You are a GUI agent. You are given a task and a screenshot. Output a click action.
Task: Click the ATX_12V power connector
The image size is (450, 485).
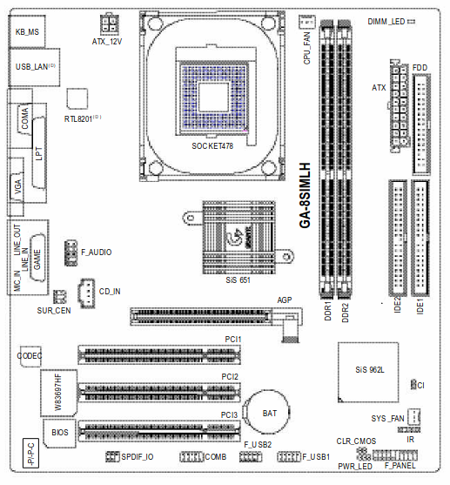pos(110,24)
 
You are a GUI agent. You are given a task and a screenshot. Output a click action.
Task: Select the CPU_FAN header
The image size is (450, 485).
pos(307,22)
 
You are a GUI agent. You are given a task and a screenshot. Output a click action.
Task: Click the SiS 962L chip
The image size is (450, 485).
pos(368,373)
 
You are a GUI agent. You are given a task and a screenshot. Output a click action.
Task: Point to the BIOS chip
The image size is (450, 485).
pos(59,434)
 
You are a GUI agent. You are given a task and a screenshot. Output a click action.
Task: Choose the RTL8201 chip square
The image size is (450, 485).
pos(77,98)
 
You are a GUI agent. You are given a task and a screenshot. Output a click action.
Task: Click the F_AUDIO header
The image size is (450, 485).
pos(71,253)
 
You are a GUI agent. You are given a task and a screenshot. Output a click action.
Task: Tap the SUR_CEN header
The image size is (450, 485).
pos(59,297)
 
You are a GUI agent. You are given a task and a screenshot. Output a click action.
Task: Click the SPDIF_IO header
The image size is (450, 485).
pos(112,456)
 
